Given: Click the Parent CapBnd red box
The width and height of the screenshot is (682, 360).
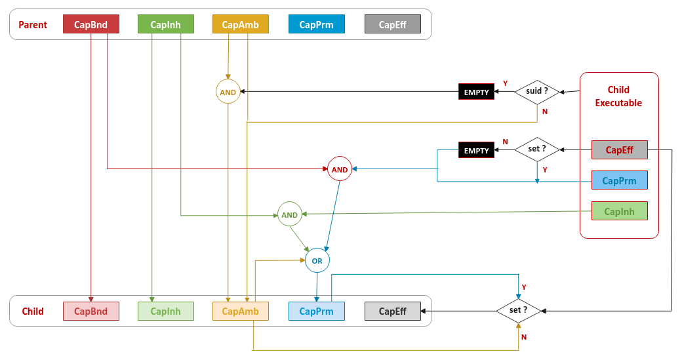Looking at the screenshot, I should coord(90,24).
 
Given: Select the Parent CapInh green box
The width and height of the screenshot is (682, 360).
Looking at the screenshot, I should coord(165,24).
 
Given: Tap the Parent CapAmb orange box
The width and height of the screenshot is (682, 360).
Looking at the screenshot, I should coord(240,24).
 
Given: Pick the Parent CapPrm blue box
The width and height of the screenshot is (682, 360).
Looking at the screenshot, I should coord(316,24).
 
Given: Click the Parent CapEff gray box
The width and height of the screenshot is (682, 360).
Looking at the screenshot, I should coord(392,24).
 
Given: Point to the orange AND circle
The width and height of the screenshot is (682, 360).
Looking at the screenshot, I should coord(228,92).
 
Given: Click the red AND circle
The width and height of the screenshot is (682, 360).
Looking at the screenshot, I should coord(339,169).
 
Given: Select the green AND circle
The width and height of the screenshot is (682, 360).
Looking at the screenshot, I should coord(289,214).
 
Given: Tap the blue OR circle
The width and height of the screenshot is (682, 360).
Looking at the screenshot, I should coord(317,260).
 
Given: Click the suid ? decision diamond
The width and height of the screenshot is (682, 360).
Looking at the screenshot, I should coord(537,91).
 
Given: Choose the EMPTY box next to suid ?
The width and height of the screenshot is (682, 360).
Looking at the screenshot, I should coord(476,92).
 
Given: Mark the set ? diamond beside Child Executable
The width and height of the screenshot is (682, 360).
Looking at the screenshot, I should coord(537,150).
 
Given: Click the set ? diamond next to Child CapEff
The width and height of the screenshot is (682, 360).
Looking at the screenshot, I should coord(519,310).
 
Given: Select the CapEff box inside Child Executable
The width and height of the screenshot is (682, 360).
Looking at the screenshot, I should coord(619,150).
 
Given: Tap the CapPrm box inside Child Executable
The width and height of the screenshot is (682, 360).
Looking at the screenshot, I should coord(619,180).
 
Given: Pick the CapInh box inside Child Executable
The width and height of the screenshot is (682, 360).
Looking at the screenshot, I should coord(619,211).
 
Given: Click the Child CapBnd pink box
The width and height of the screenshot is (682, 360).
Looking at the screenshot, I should coord(90,311).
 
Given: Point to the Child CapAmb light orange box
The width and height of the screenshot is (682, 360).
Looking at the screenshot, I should coord(240,311).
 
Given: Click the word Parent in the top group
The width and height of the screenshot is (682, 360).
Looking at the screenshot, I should coord(33,25).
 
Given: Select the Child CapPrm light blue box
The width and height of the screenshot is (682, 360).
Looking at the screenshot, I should coord(316,311).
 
